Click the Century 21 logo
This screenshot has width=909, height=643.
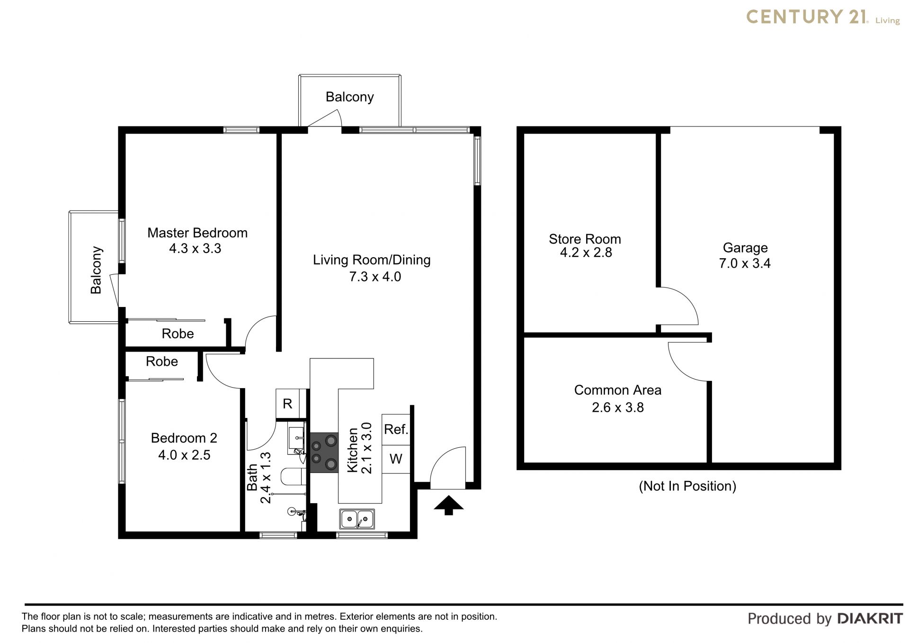823,17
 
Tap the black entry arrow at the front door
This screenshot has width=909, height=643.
449,505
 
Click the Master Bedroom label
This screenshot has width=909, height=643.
197,233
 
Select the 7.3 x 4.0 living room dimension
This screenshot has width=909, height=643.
375,276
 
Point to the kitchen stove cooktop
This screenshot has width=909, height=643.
324,453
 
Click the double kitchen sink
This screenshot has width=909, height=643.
357,519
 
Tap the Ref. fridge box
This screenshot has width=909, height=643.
396,429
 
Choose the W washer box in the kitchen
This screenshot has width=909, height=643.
396,459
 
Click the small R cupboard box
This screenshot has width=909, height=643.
287,404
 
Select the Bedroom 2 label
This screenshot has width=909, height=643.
184,438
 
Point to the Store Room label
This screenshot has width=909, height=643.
585,239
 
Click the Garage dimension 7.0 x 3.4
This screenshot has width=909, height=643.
745,263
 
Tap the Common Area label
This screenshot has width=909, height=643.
618,390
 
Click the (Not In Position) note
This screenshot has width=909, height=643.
687,486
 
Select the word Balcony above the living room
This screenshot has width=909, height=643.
350,97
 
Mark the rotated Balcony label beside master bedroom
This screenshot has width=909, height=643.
96,270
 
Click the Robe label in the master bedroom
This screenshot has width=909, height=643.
178,334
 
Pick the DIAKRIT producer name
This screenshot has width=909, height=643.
870,618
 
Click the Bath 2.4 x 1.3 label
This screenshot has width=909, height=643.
258,477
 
